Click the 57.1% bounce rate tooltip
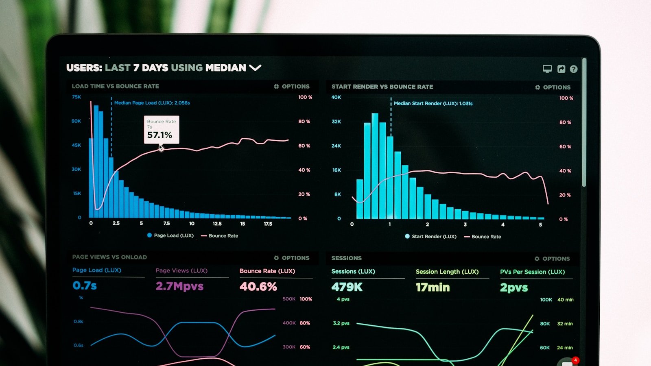click(161, 130)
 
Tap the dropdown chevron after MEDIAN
click(255, 68)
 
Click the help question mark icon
click(573, 69)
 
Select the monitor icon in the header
click(547, 69)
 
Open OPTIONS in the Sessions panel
click(552, 259)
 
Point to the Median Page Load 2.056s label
click(152, 103)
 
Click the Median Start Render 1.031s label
click(433, 103)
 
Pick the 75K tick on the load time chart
click(76, 97)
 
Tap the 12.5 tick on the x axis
click(217, 224)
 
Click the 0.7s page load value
click(85, 285)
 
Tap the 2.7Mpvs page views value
click(179, 286)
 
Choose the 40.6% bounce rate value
click(258, 287)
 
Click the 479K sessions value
click(347, 287)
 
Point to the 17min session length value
click(433, 288)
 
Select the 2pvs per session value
click(514, 288)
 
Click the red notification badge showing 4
click(575, 360)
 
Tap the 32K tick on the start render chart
click(336, 122)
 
